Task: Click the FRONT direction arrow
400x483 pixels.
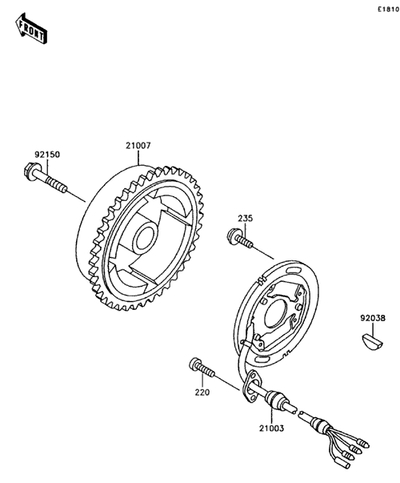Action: tap(31, 28)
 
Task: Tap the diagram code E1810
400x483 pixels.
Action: tap(389, 10)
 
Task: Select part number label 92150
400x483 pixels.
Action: tap(47, 155)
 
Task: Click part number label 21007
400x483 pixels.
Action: tap(138, 146)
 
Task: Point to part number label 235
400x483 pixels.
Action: tap(246, 219)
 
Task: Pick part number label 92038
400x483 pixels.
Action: tap(373, 318)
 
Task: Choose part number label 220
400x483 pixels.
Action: tap(202, 392)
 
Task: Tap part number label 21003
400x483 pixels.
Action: tap(271, 428)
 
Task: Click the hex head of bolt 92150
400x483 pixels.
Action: tap(30, 171)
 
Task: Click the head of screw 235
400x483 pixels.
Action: tap(233, 235)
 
